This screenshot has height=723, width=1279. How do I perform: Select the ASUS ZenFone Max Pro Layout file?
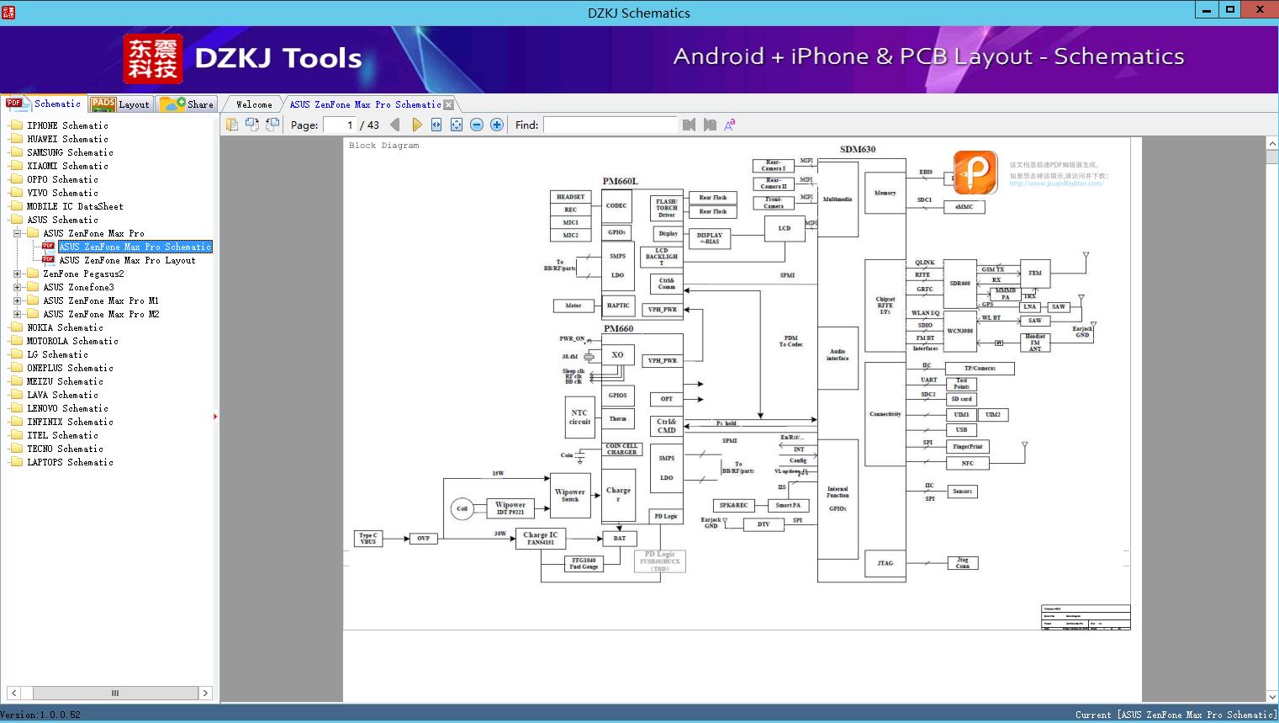coord(127,260)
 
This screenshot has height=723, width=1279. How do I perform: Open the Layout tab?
coord(123,104)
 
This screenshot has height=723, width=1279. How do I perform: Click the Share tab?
coord(189,104)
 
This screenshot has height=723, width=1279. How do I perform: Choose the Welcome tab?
coord(253,104)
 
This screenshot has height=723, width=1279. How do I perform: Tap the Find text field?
coord(610,125)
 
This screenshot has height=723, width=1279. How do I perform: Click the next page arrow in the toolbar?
coord(416,125)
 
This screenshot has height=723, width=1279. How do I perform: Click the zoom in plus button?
coord(497,125)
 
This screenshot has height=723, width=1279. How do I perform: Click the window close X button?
coord(1260,10)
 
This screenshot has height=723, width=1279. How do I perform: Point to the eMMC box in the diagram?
coord(964,206)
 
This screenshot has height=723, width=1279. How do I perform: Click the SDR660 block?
coord(959,284)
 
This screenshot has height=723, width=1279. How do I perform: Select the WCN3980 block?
coord(959,331)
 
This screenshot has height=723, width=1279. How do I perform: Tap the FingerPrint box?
coord(967,447)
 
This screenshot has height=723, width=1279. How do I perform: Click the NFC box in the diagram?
coord(967,463)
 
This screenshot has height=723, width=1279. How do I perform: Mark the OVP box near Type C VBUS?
coord(423,538)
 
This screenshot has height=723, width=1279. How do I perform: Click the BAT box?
coord(619,538)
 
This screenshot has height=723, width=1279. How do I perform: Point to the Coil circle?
coord(462,508)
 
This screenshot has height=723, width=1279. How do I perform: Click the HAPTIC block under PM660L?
coord(617,306)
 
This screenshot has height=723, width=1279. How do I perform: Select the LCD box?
coord(784,228)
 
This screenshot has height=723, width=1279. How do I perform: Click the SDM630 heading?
coord(857,149)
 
